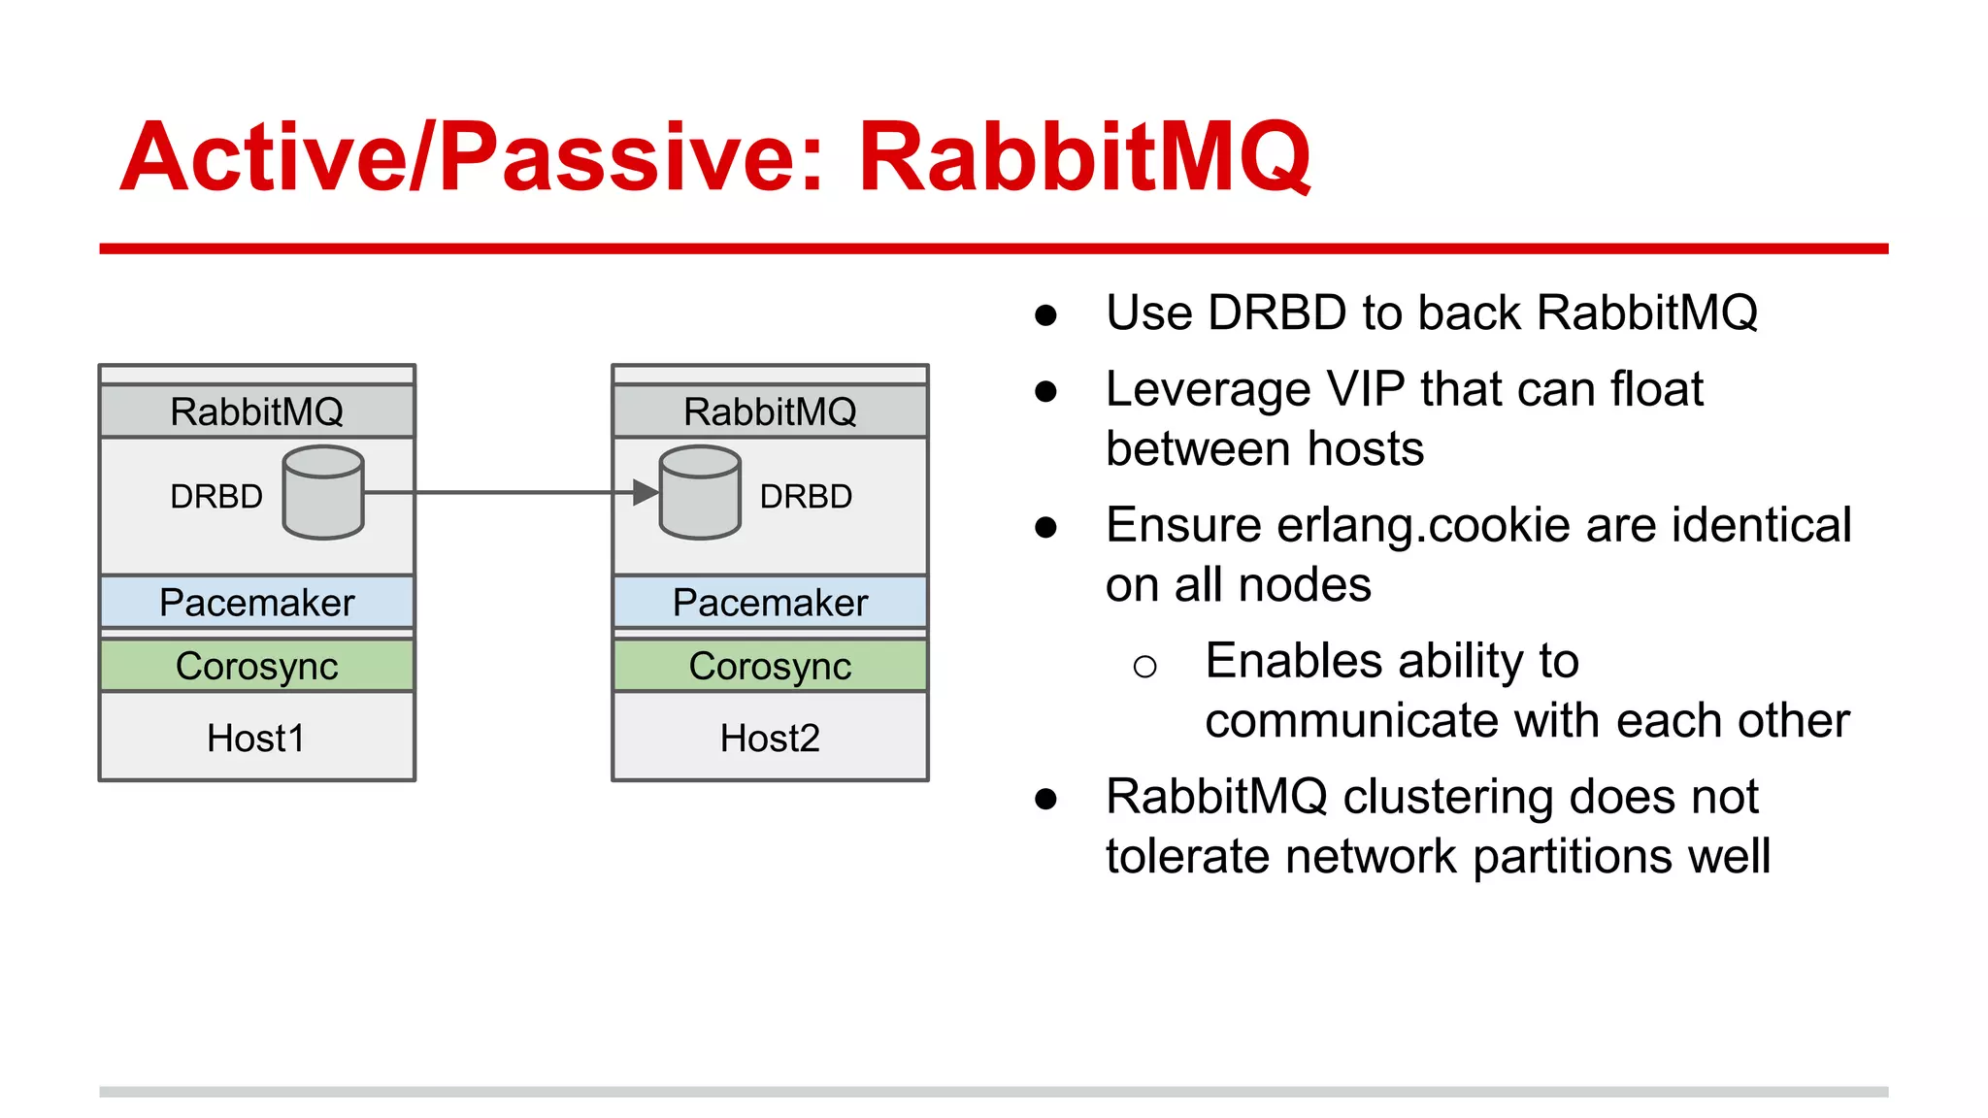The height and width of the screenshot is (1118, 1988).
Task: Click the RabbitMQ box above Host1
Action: pyautogui.click(x=257, y=411)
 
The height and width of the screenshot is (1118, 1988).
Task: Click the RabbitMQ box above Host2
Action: pyautogui.click(x=770, y=411)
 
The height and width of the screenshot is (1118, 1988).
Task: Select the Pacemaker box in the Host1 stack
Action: pyautogui.click(x=257, y=603)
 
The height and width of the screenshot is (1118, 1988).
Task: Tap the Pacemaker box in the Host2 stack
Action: pyautogui.click(x=770, y=603)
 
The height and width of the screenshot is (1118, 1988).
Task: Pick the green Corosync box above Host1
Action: pyautogui.click(x=257, y=666)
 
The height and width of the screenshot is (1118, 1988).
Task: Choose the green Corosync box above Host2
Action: pyautogui.click(x=770, y=666)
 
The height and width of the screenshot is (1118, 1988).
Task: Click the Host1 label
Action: pyautogui.click(x=256, y=739)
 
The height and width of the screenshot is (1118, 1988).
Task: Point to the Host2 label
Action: pyautogui.click(x=770, y=739)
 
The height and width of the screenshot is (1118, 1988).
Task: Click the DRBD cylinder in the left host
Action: pyautogui.click(x=323, y=493)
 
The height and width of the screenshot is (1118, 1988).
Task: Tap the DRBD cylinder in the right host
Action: pyautogui.click(x=700, y=493)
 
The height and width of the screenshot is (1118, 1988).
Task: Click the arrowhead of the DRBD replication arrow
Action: pyautogui.click(x=646, y=493)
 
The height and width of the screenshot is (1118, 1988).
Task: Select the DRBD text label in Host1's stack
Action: pyautogui.click(x=216, y=497)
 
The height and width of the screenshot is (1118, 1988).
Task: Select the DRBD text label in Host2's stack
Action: pyautogui.click(x=806, y=497)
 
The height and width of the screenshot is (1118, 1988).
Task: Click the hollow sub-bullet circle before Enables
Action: pyautogui.click(x=1144, y=666)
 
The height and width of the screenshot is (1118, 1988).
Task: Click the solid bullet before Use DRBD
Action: pyautogui.click(x=1045, y=314)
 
